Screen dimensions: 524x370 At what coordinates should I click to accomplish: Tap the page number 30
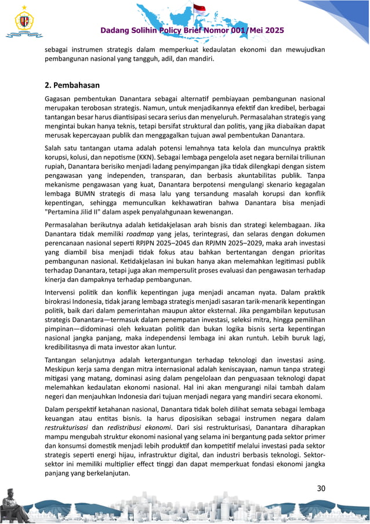tap(320, 489)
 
